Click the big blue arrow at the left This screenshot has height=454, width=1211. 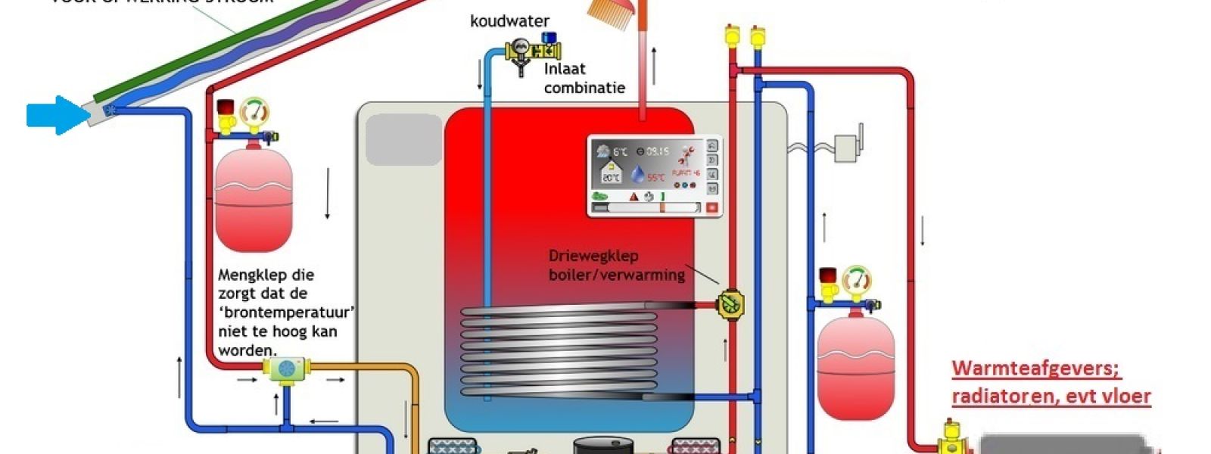click(x=57, y=116)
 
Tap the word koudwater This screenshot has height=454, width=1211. click(x=509, y=21)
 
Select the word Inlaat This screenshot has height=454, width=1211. click(x=565, y=69)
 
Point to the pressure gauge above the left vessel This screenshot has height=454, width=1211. click(x=255, y=113)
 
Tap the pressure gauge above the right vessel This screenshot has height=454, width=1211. click(x=857, y=280)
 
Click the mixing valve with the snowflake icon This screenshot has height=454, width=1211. click(x=287, y=369)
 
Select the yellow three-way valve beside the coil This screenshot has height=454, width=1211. click(x=730, y=305)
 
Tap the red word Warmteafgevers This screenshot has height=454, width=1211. click(x=1035, y=369)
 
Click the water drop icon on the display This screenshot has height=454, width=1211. click(x=638, y=175)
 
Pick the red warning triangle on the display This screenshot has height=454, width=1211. click(x=634, y=197)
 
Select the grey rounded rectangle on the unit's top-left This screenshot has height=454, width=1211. click(x=403, y=140)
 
